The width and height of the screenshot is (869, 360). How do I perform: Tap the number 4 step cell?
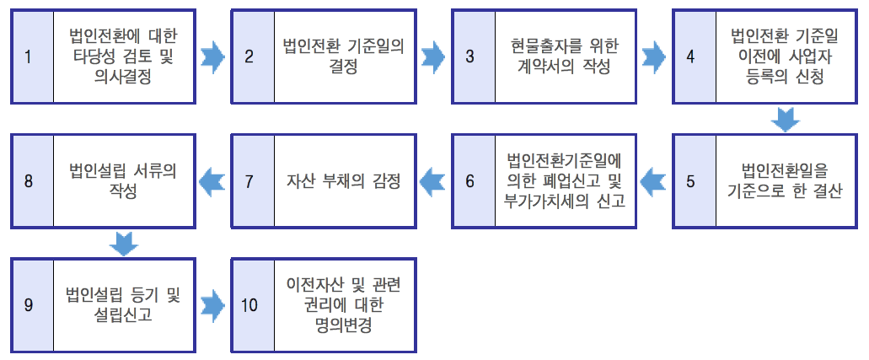(x=692, y=57)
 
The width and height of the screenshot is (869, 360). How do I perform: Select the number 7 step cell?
(x=251, y=180)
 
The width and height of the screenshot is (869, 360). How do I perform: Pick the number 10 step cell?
(x=250, y=304)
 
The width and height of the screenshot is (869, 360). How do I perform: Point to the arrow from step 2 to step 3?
(x=434, y=56)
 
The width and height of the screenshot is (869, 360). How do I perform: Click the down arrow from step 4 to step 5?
(x=786, y=120)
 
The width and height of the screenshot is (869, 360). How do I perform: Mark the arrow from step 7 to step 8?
(x=212, y=180)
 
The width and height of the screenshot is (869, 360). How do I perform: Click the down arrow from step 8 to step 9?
(x=124, y=243)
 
